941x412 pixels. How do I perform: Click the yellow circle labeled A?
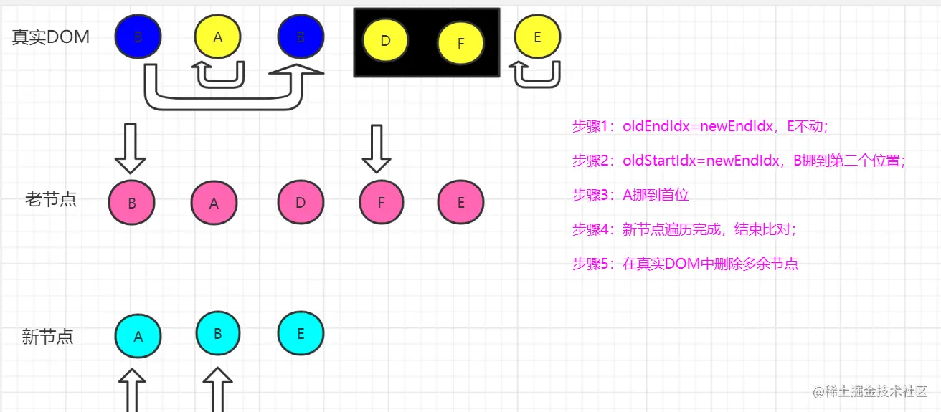[218, 37]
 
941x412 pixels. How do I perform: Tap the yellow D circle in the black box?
[385, 41]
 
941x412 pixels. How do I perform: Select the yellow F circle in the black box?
[460, 43]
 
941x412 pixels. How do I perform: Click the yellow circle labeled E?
[537, 37]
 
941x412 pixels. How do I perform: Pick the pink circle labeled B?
[132, 203]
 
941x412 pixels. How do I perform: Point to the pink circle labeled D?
[301, 203]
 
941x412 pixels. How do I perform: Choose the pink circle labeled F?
[381, 203]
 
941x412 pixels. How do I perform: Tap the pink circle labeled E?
[460, 203]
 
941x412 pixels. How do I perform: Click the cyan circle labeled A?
[138, 335]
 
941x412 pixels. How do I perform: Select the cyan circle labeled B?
[218, 333]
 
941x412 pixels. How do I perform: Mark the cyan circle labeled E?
[301, 333]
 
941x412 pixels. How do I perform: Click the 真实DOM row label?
[51, 37]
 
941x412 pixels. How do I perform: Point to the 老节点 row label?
[51, 199]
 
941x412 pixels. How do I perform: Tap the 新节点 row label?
[47, 337]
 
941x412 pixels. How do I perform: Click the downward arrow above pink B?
[131, 148]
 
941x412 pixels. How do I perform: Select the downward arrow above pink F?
[376, 148]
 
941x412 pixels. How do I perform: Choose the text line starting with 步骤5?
[685, 264]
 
